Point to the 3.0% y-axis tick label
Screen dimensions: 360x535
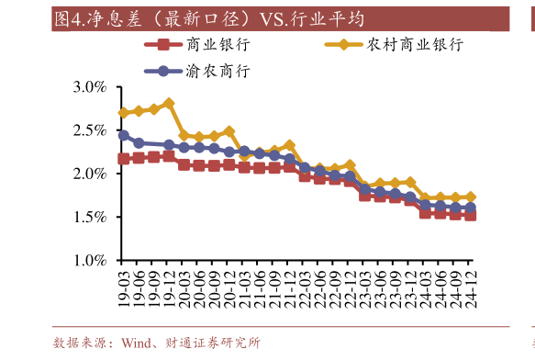coord(90,87)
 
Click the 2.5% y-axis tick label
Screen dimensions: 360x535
coord(90,130)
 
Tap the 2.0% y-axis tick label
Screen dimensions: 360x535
coord(90,174)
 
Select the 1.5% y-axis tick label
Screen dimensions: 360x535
coord(90,218)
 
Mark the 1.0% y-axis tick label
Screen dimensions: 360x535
coord(90,261)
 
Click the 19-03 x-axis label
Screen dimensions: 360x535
coord(124,287)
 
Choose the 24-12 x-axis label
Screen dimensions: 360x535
coord(472,287)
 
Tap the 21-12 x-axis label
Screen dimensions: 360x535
coord(290,287)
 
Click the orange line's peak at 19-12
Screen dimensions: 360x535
coord(169,103)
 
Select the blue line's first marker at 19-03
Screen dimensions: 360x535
coord(124,135)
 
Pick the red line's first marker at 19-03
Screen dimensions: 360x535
coord(124,159)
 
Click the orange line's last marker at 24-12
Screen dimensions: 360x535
coord(472,197)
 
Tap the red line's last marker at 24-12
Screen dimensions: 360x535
coord(472,215)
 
